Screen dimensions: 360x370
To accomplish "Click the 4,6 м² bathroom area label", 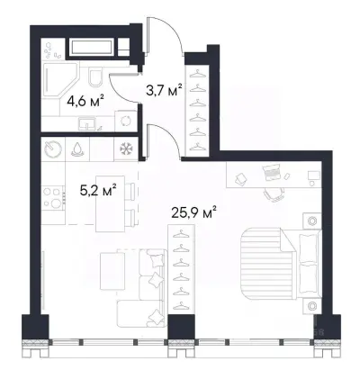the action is [x=85, y=102].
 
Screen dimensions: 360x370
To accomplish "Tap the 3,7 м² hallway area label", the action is [x=164, y=90].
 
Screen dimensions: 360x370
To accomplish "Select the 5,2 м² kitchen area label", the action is [x=98, y=190].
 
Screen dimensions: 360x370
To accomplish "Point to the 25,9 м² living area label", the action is [x=194, y=212].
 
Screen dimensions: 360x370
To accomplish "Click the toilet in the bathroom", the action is [x=96, y=77].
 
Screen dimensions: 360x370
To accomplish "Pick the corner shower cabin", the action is [x=61, y=80].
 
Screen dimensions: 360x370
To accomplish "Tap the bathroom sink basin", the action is [x=86, y=124].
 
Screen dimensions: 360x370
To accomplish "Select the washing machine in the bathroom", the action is [x=126, y=122].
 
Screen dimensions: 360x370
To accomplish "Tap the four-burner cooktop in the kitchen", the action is [x=53, y=197].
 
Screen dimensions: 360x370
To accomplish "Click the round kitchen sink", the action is [x=53, y=149].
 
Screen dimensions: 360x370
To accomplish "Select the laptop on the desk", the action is [x=272, y=173].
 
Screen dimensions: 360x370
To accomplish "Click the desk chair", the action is [x=274, y=194].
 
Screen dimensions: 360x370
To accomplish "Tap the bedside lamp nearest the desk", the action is [x=312, y=221].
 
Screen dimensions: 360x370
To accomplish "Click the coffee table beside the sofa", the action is [x=112, y=271].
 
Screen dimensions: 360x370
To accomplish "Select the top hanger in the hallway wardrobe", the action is [x=197, y=73].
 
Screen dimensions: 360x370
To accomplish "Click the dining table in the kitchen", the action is [x=111, y=203].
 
